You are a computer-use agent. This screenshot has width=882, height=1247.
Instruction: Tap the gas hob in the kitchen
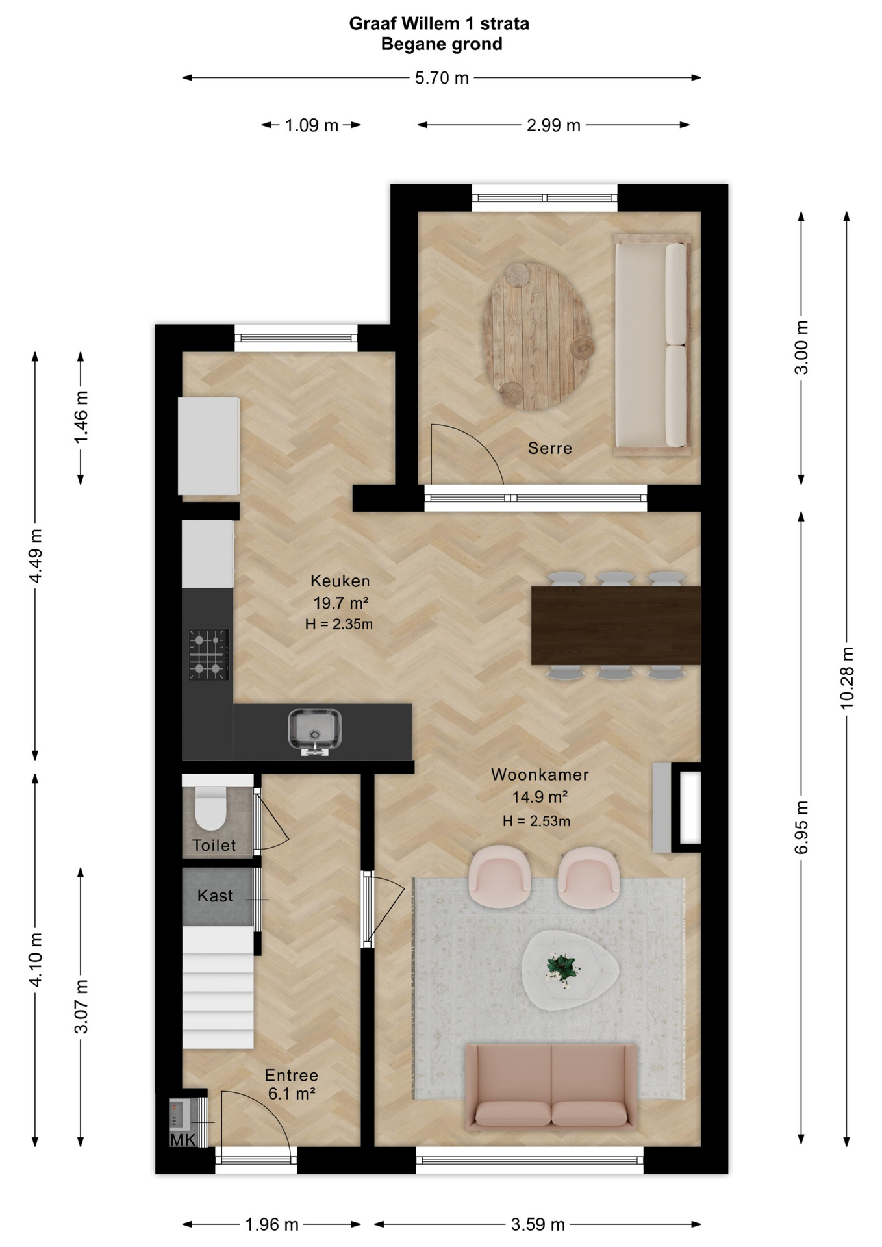click(208, 654)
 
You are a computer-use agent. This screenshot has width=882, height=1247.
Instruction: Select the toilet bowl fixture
click(210, 809)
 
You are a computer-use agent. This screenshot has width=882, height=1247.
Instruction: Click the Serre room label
click(549, 448)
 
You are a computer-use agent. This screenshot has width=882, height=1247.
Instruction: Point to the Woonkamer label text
click(540, 774)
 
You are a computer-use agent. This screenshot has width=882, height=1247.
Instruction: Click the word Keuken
click(340, 581)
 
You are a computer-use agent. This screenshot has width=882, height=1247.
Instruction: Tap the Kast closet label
click(215, 896)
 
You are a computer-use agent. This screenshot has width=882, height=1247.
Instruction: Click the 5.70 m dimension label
click(442, 78)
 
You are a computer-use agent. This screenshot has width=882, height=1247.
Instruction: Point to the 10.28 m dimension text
click(847, 677)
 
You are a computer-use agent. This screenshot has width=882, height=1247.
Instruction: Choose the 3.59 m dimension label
click(538, 1224)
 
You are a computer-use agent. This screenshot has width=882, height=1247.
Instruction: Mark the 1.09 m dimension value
click(312, 125)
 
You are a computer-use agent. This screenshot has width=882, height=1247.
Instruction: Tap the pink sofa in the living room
click(551, 1086)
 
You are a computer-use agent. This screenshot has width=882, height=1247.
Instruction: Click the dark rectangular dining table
click(616, 625)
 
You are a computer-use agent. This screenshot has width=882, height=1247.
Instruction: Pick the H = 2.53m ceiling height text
click(536, 821)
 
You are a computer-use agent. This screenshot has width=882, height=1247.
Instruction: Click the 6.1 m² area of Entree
click(292, 1094)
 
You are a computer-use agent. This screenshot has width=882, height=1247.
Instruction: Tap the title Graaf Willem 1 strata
click(439, 24)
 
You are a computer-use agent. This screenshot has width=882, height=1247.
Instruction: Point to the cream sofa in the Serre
click(651, 344)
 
